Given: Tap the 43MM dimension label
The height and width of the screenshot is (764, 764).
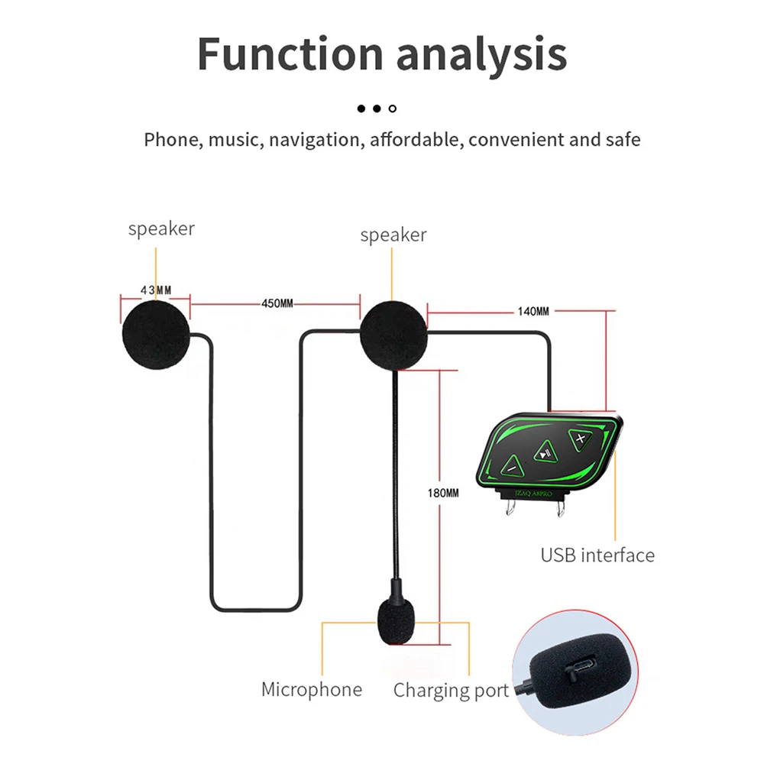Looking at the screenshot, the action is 155,290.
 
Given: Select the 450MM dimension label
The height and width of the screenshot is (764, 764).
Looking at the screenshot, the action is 277,303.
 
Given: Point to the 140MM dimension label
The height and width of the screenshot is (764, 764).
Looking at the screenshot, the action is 533,311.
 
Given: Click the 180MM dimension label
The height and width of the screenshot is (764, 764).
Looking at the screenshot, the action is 444,493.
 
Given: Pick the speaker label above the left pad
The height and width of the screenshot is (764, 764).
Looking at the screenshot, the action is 161,228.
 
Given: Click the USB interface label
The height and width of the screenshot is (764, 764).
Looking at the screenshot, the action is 597,555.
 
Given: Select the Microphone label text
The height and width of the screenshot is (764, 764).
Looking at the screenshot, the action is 312,689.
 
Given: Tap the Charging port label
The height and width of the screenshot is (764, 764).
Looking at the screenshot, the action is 451,691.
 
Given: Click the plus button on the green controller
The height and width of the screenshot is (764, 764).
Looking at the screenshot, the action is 581,439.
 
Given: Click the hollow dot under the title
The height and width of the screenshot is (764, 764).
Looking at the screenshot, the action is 393,108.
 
